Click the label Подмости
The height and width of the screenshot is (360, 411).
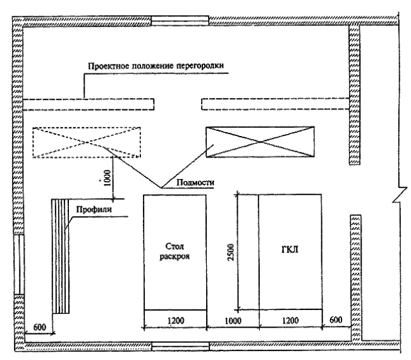click(195, 182)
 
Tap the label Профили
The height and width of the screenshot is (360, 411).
click(94, 209)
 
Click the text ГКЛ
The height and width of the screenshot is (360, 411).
click(290, 249)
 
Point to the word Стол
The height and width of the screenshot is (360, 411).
click(175, 247)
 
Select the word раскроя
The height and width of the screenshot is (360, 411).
click(175, 256)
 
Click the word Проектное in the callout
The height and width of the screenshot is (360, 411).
click(108, 66)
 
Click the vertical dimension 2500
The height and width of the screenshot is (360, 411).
click(231, 252)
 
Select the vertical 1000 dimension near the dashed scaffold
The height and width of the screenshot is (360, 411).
click(107, 178)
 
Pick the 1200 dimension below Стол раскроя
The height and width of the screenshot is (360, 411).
click(176, 320)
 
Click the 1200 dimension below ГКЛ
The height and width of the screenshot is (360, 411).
click(290, 320)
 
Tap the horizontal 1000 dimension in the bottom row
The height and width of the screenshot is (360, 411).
click(233, 321)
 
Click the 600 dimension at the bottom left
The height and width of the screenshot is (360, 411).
click(40, 327)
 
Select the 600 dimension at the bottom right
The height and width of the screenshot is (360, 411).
click(336, 320)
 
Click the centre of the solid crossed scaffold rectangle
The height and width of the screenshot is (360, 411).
click(260, 142)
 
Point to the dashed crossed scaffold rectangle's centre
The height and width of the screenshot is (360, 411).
click(87, 142)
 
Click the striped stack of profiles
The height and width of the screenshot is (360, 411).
click(61, 256)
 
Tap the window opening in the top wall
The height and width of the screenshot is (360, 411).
click(180, 21)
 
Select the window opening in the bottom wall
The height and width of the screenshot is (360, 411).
click(181, 346)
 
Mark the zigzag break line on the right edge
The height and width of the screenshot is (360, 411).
click(400, 195)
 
